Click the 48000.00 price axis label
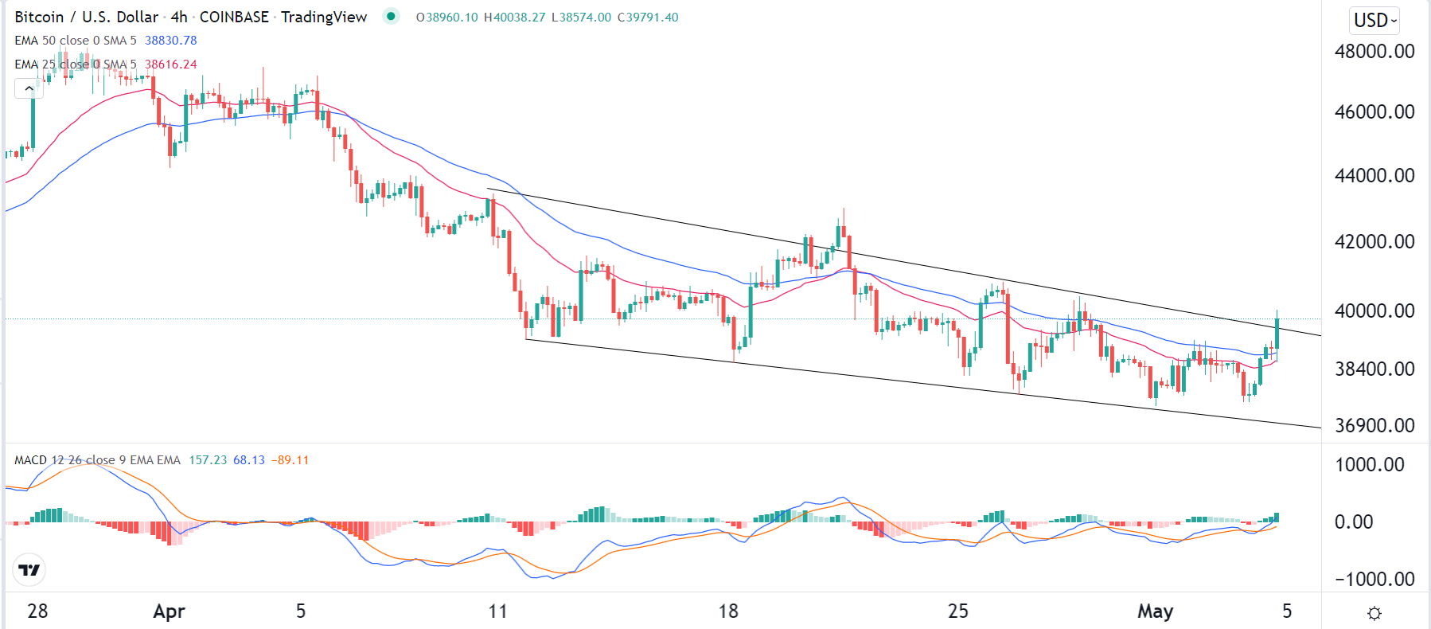1374,52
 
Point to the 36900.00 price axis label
1374,426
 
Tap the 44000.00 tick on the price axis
1374,176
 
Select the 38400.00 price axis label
1374,369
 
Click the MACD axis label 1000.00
1369,465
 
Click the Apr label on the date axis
169,611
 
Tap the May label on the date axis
1155,611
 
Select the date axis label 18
728,611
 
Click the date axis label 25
958,611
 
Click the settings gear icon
1374,613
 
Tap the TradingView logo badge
29,570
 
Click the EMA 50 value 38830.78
170,41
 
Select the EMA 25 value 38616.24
170,64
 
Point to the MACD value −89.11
290,460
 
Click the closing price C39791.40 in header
648,18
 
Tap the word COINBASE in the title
234,18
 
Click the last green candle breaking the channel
1277,334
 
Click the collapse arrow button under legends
29,88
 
